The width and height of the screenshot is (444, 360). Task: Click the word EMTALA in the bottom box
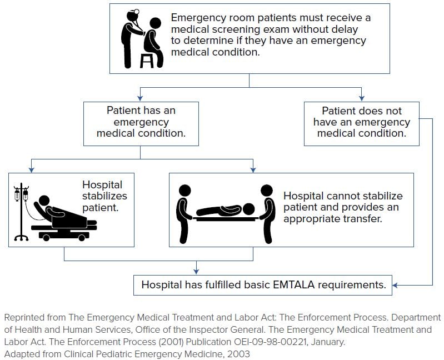coord(293,284)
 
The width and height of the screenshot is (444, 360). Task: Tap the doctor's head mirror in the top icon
coord(137,12)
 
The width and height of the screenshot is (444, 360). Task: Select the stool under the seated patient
coord(147,61)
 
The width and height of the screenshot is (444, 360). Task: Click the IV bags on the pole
coord(21,194)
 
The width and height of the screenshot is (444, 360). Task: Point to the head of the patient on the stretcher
coord(248,209)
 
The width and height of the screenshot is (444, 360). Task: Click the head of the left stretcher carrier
coord(184,191)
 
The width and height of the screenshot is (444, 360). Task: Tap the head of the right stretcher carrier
coord(267,191)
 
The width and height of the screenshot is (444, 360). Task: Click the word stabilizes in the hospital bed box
coord(104,196)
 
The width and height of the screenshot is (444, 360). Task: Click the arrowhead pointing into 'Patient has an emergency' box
coord(140,98)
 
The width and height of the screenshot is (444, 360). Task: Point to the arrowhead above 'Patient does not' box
coord(361,98)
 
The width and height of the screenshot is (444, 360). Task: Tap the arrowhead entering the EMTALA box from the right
coord(395,285)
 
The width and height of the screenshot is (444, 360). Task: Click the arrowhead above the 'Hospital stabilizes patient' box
coord(32,169)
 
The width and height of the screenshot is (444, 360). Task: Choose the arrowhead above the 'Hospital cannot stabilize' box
coord(253,169)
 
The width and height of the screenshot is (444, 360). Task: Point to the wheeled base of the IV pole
coord(21,237)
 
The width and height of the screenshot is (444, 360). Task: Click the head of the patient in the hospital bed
coord(44,201)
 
